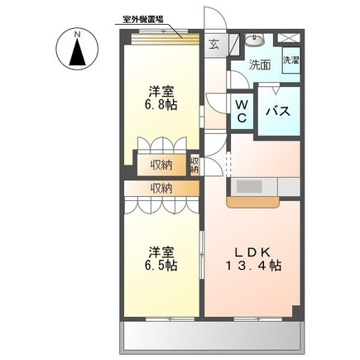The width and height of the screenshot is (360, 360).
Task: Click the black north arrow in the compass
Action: point(77,52)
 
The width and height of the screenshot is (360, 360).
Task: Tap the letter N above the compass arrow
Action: point(77,35)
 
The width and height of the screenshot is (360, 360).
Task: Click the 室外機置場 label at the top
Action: point(142,20)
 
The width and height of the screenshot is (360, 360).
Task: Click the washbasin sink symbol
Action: point(254,41)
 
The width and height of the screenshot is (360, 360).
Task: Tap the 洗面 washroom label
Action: point(260,65)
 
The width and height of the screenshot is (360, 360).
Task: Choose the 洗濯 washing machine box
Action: point(291,60)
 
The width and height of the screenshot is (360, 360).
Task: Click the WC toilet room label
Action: point(242,111)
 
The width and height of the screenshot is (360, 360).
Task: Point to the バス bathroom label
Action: point(278,112)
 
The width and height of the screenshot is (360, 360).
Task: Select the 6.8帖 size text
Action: point(161,105)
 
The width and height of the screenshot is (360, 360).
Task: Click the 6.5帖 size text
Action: point(161,266)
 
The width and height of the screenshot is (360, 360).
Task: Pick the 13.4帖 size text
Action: point(253,266)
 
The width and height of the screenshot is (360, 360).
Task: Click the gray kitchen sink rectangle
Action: point(249,186)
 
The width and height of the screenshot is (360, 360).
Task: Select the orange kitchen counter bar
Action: point(253,202)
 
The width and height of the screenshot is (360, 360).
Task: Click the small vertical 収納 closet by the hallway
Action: point(194,166)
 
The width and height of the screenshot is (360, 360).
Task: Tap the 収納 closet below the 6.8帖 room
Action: point(162,166)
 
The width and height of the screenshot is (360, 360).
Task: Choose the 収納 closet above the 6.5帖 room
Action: point(161,189)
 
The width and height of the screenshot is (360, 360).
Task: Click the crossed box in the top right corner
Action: point(288,38)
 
